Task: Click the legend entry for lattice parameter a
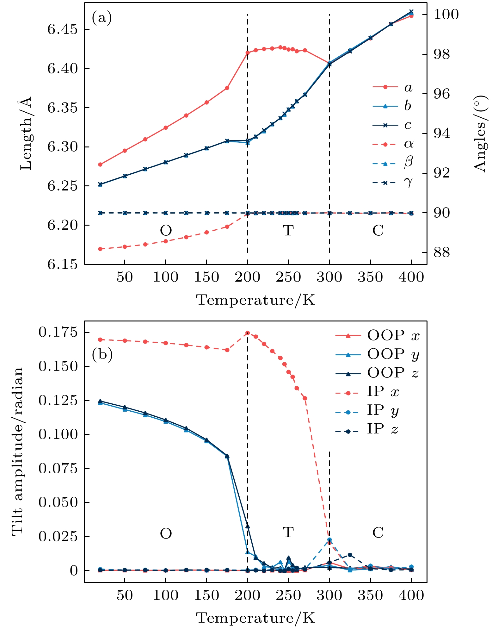point(392,87)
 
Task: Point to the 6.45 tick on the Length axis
point(62,29)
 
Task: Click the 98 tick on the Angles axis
point(441,54)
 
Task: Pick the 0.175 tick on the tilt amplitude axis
point(58,333)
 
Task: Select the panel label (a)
point(101,18)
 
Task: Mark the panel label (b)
point(102,355)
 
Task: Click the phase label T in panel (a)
point(288,230)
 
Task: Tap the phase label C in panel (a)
point(378,230)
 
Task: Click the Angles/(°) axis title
point(480,134)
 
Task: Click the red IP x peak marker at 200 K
point(248,333)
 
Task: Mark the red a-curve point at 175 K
point(227,88)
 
